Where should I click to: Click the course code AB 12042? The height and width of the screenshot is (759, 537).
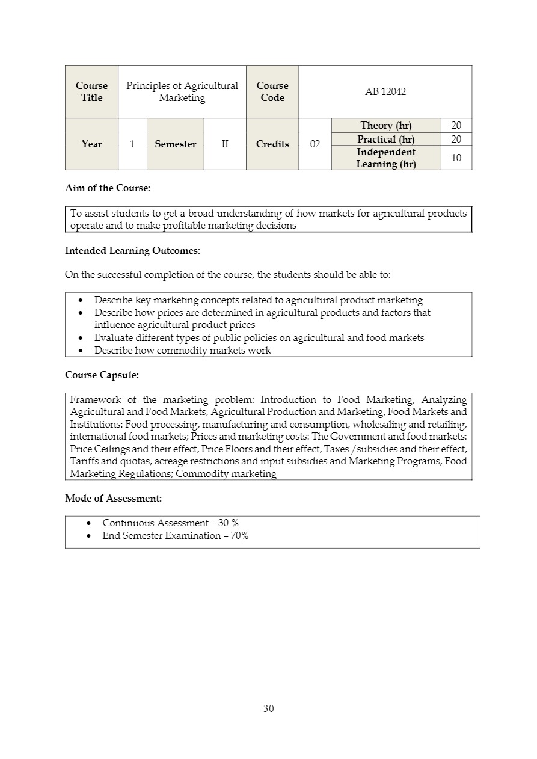coord(385,92)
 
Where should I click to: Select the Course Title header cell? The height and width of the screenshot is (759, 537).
coord(91,92)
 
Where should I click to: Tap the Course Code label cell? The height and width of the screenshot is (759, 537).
coord(272,92)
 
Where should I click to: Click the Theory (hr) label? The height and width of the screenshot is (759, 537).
coord(385,126)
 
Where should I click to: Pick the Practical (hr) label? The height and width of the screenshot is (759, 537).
coord(385,140)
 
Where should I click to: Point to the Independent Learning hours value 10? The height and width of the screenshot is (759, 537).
coord(456,158)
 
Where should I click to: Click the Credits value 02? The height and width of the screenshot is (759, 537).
coord(315,144)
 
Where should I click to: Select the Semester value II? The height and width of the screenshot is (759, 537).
coord(225,144)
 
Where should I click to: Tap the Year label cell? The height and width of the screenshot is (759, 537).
coord(91,144)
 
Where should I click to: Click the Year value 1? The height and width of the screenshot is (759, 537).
coord(132,144)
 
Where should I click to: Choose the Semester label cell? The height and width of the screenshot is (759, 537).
coord(176,144)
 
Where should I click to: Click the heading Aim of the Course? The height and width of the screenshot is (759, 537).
coord(108,188)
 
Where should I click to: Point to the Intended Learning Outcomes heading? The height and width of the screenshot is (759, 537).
coord(132,250)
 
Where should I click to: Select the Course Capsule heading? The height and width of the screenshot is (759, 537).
coord(102,375)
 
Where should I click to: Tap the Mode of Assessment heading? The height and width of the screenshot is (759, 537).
coord(113,499)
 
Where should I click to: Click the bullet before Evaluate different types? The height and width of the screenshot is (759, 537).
coord(81,338)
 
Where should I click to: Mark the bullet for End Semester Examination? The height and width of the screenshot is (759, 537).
coord(89,536)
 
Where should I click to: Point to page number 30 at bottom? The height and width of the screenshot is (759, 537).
coord(268,708)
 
